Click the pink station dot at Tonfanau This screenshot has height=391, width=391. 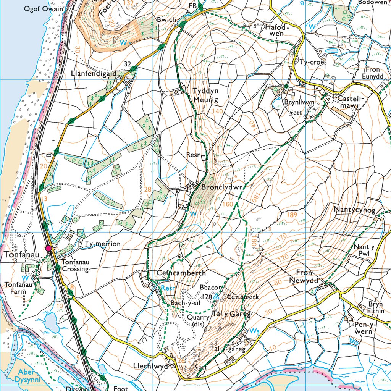pyautogui.click(x=48, y=249)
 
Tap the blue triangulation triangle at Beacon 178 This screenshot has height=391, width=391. pyautogui.click(x=216, y=296)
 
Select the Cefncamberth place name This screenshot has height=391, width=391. pyautogui.click(x=181, y=273)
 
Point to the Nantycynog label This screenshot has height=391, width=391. pyautogui.click(x=355, y=210)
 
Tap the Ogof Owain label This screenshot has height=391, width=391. pyautogui.click(x=43, y=8)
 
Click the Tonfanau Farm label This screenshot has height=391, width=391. pyautogui.click(x=16, y=288)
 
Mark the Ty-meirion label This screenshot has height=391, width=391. pyautogui.click(x=103, y=244)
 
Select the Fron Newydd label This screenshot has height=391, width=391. pyautogui.click(x=309, y=276)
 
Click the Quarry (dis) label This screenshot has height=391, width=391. pyautogui.click(x=198, y=321)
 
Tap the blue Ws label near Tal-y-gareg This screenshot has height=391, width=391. pyautogui.click(x=254, y=330)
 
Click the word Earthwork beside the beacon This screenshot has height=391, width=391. pyautogui.click(x=243, y=296)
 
